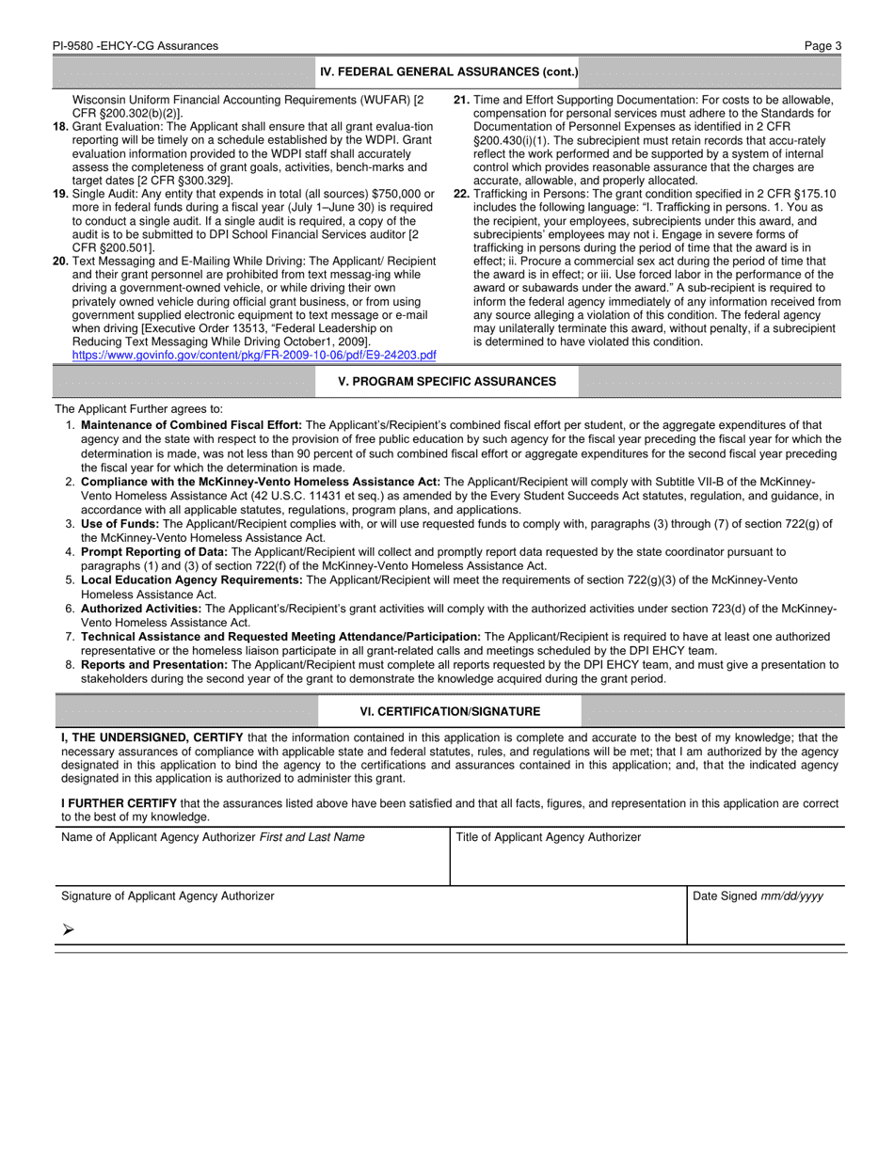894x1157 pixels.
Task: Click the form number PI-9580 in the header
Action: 78,45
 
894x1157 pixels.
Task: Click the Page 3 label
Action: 822,45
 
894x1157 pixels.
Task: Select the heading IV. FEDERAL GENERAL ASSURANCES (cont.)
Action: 449,71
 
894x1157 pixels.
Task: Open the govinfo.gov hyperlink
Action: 254,355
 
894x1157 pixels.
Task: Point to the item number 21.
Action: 461,100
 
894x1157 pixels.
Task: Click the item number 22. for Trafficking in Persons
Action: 461,194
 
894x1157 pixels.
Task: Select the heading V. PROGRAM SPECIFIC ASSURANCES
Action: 447,381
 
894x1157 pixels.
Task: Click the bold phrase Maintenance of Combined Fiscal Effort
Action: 191,425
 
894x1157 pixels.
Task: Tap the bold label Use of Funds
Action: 120,524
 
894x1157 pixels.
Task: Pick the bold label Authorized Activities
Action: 141,609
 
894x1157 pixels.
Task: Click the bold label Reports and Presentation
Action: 154,665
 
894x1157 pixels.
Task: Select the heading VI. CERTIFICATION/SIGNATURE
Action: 450,711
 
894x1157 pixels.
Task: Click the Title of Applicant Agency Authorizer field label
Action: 548,837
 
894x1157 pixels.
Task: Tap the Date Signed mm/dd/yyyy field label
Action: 758,896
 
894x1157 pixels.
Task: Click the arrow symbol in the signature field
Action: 68,929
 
